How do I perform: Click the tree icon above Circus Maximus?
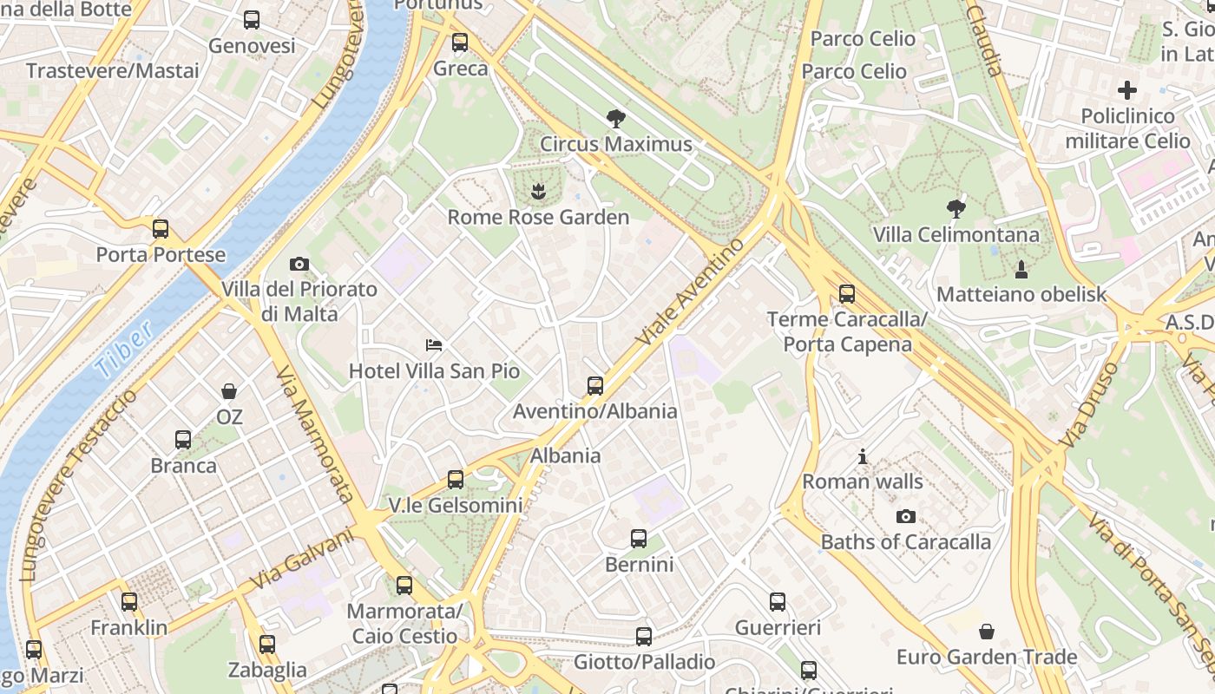[616, 119]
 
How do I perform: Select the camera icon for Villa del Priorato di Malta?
[299, 264]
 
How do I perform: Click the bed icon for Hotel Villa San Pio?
[434, 345]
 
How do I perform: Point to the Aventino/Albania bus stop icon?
[594, 386]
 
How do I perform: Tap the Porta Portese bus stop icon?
[161, 229]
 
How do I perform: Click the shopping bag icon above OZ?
[229, 391]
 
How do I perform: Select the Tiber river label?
[125, 349]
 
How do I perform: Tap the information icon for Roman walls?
[862, 455]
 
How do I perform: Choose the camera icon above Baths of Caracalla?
[905, 516]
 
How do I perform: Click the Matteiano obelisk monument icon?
[1021, 269]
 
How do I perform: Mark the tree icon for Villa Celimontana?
[956, 209]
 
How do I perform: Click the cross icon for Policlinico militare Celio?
[1126, 89]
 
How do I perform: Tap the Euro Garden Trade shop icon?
[986, 631]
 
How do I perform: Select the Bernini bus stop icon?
[639, 539]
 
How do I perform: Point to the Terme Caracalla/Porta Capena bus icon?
[846, 294]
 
